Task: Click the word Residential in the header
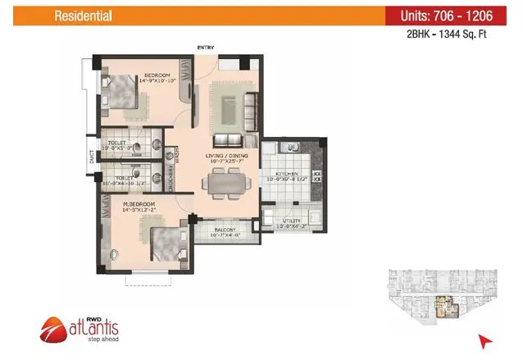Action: [x=84, y=16]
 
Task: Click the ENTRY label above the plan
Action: [x=205, y=48]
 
